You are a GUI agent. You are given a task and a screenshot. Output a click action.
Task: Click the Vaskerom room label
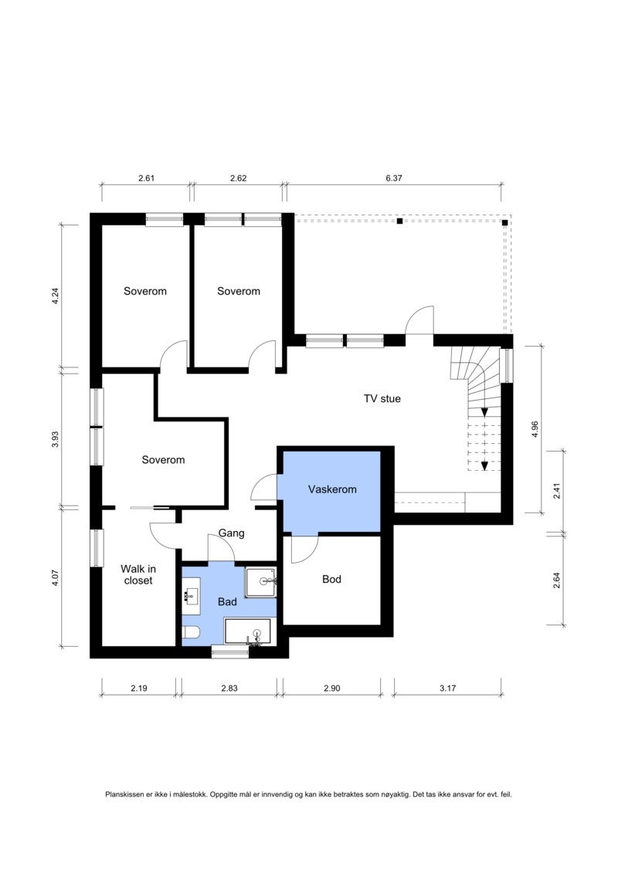tap(332, 489)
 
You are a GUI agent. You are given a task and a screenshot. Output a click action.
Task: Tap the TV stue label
tap(382, 398)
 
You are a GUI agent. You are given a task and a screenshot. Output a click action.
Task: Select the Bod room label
tap(331, 579)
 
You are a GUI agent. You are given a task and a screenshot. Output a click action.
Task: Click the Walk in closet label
tap(138, 574)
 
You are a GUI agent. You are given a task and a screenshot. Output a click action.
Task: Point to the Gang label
tap(231, 533)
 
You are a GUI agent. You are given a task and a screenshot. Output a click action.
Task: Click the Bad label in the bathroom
tap(227, 602)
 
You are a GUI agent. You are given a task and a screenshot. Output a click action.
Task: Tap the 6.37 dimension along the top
tap(393, 178)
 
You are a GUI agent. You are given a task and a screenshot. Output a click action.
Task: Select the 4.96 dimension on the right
tap(535, 429)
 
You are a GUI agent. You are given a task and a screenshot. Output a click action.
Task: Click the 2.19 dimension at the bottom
tap(139, 689)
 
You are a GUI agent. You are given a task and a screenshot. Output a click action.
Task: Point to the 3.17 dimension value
tap(447, 689)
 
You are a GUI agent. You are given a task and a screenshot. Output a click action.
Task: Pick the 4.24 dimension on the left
tap(55, 296)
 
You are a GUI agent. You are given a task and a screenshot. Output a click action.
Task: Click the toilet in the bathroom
tap(191, 632)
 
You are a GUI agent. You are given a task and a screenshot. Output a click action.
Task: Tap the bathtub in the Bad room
tap(247, 631)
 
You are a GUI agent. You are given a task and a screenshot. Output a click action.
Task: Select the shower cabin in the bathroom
tap(261, 582)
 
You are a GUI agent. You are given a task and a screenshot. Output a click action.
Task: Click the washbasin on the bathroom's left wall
tap(191, 597)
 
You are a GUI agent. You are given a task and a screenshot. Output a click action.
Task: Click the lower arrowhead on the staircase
tap(484, 466)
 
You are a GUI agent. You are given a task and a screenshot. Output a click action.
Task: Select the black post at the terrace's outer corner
tap(505, 223)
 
